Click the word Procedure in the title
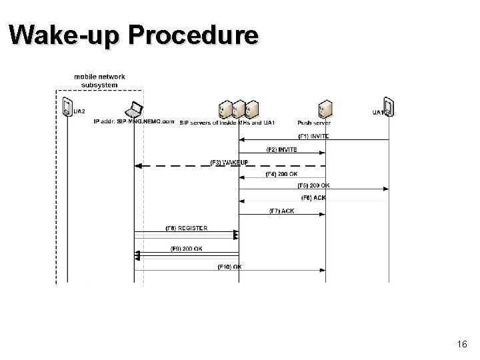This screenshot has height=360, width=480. coord(193,35)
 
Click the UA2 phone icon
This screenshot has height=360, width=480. coord(67,107)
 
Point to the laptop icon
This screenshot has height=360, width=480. coord(135,109)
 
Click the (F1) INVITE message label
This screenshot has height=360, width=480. coord(314,136)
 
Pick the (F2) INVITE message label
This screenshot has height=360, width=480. coord(282,149)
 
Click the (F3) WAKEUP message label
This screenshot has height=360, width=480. coord(229,162)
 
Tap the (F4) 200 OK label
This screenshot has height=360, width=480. coord(282,174)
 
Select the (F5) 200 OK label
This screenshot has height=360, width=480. coord(315,186)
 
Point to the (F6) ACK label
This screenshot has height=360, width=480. coord(315,198)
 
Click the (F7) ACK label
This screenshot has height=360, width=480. coord(282,211)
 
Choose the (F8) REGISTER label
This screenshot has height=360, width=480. coord(186,229)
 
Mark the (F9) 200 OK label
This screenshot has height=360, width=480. coord(187,249)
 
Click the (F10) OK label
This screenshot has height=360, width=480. coord(229,267)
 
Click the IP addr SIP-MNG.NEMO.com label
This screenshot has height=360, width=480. coord(134,123)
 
